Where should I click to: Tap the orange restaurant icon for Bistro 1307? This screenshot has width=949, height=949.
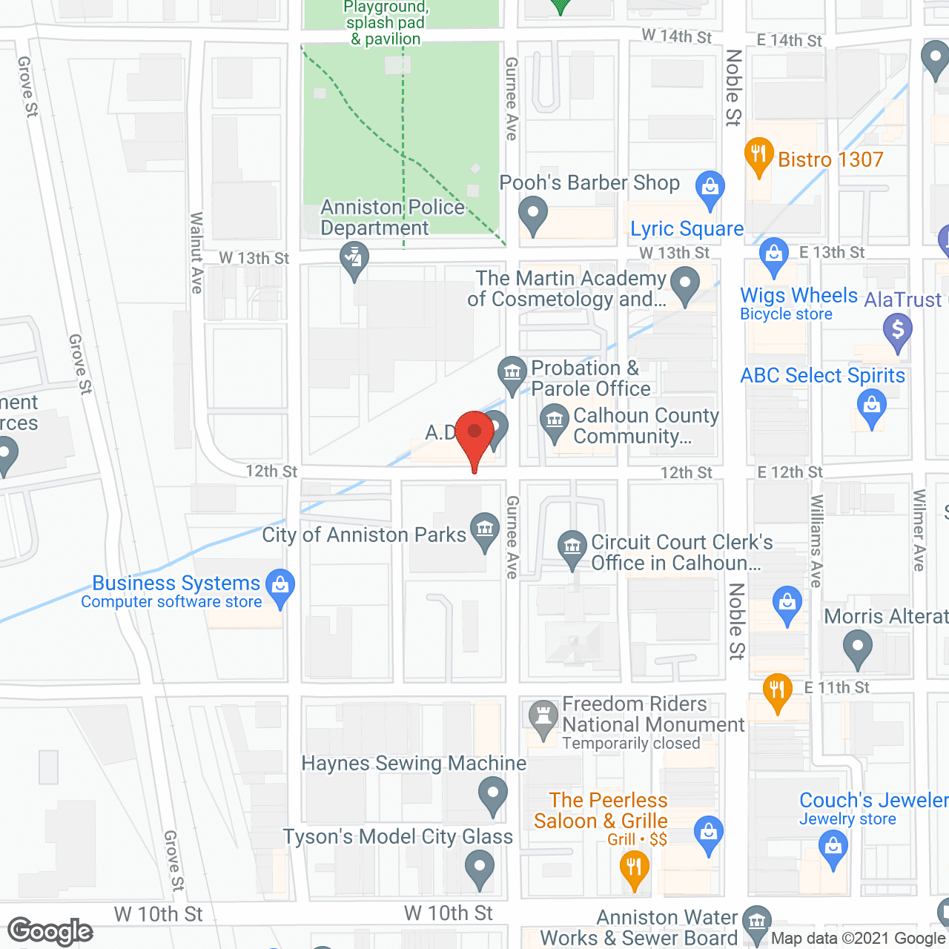coord(758,154)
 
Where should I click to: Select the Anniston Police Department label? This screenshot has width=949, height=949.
coord(392,217)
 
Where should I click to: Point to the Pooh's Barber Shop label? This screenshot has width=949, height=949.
coord(589,183)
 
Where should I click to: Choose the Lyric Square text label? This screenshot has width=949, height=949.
coord(687,229)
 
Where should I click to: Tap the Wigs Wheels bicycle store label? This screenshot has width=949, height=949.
coord(798,303)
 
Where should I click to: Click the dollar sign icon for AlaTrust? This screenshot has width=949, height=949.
coord(897,328)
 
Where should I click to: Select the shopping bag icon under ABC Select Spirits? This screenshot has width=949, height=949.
coord(871,407)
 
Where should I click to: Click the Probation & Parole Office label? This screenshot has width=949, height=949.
coord(591,378)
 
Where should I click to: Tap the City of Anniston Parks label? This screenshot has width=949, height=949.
coord(364,535)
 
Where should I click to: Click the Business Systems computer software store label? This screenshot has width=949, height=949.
coord(176,591)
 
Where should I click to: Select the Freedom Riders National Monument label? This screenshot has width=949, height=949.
coord(652,723)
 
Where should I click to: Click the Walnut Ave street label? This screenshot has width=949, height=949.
coord(196,252)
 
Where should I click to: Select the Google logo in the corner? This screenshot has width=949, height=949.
coord(50,930)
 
